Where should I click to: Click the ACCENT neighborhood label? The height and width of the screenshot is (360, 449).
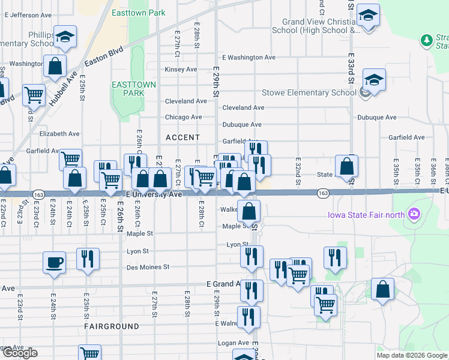182,137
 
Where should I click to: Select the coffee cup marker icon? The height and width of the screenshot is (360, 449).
54,263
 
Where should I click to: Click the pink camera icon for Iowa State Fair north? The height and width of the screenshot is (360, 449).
413,214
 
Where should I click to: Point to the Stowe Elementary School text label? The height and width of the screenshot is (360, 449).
309,93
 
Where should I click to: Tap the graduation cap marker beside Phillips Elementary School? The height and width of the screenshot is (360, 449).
65,37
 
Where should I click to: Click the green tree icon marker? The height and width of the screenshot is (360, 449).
426,40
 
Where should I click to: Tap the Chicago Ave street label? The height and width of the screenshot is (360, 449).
184,117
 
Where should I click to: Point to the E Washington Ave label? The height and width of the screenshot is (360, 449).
249,58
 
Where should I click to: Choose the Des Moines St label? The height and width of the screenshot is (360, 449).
148,267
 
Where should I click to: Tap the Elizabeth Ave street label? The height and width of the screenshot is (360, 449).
59,134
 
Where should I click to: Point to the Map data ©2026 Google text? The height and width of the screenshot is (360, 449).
411,355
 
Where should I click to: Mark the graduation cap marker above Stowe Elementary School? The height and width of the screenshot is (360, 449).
374,80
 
